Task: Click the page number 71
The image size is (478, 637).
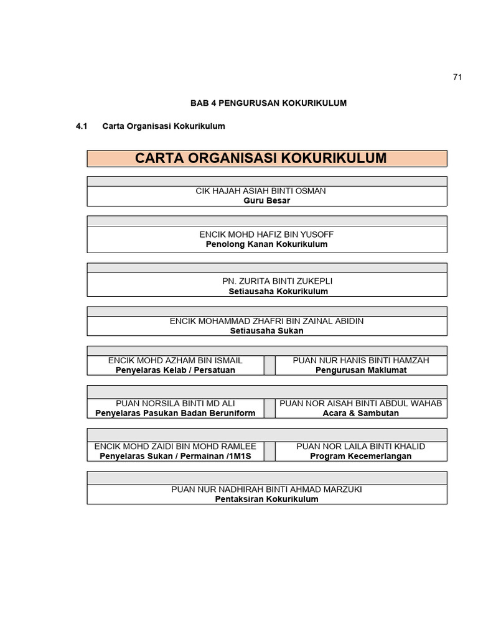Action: [457, 77]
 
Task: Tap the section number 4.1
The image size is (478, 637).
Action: [82, 126]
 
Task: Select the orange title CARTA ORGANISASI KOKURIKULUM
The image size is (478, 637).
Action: [261, 158]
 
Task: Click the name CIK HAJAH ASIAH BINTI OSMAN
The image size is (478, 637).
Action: [261, 191]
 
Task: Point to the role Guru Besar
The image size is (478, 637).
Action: [266, 201]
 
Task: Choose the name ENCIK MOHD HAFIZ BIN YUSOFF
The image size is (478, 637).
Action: [266, 235]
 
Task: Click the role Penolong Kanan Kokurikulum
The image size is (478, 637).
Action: [266, 244]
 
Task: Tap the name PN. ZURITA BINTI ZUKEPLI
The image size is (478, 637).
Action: [266, 281]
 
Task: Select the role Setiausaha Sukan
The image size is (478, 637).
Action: [266, 330]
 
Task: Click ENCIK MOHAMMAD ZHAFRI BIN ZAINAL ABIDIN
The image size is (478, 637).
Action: [266, 321]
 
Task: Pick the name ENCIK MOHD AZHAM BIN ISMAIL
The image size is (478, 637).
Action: [176, 360]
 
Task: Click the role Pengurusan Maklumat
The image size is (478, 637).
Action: [361, 370]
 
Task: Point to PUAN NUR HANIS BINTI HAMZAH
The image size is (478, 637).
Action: [361, 360]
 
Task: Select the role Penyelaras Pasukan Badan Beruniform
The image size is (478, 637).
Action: [176, 413]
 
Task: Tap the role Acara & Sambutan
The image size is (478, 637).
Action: [361, 413]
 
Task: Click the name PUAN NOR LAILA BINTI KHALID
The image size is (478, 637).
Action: [361, 446]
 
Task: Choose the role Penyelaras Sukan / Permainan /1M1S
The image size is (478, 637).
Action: [176, 456]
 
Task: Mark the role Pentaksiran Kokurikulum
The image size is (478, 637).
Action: [266, 499]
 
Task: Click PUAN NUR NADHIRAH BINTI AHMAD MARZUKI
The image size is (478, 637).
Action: [266, 489]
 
